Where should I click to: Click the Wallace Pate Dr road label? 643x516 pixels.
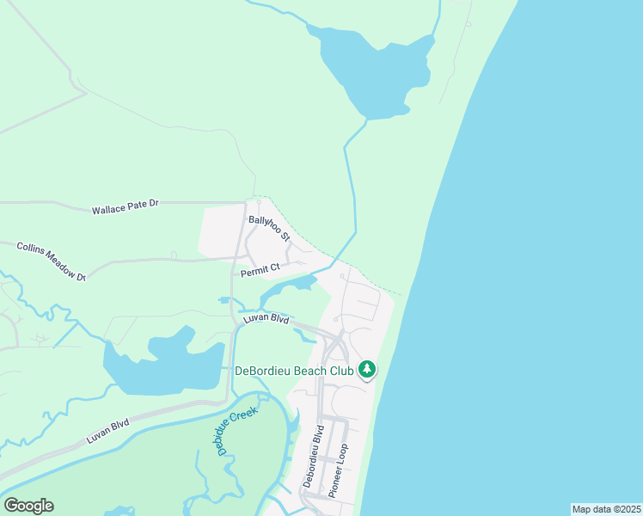pyautogui.click(x=126, y=207)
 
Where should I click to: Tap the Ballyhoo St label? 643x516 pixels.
pyautogui.click(x=269, y=228)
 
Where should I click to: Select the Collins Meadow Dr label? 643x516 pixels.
pyautogui.click(x=52, y=261)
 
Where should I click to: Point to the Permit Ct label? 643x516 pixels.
pyautogui.click(x=260, y=270)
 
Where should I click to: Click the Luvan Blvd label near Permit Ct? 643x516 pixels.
pyautogui.click(x=266, y=318)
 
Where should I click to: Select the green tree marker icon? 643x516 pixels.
pyautogui.click(x=367, y=370)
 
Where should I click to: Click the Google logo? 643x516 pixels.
pyautogui.click(x=28, y=506)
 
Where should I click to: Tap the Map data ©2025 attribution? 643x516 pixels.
pyautogui.click(x=605, y=509)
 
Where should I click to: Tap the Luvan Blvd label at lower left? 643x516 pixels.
pyautogui.click(x=107, y=430)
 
